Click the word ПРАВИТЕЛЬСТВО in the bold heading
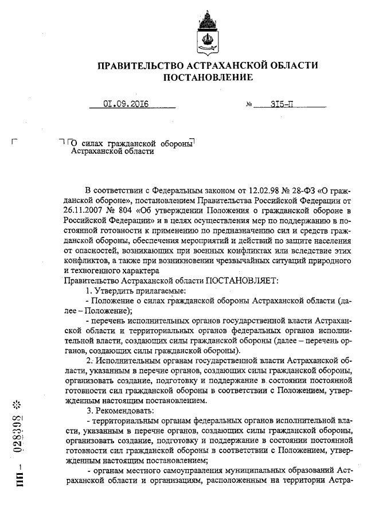(x=142, y=65)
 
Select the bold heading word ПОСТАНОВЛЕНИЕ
(x=208, y=77)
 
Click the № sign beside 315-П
(x=249, y=106)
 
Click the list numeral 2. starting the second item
(x=89, y=361)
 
